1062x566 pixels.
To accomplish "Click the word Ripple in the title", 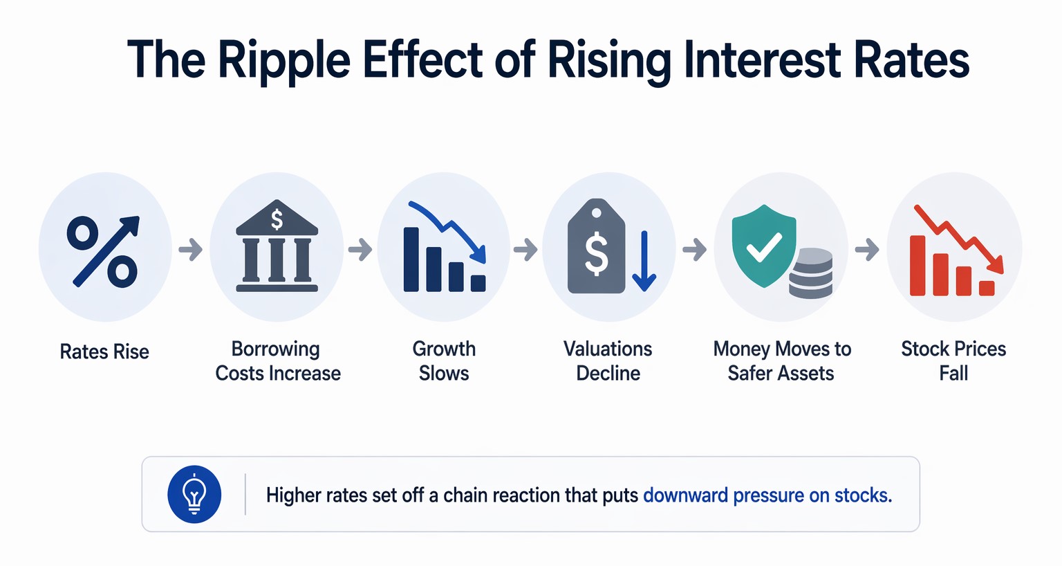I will [x=283, y=61].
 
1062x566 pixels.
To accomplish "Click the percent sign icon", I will [x=104, y=250].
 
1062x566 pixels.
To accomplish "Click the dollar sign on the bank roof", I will [x=277, y=219].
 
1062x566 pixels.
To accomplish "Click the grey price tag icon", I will [x=596, y=248].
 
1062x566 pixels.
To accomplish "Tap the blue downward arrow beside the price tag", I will [x=644, y=262].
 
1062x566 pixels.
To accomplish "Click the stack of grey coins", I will [x=810, y=273].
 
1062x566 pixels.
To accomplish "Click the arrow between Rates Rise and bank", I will [x=191, y=249].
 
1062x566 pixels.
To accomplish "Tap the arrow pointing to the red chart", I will [x=867, y=249].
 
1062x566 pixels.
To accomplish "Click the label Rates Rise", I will [x=104, y=352].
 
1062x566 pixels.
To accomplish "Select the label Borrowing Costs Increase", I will [x=277, y=361].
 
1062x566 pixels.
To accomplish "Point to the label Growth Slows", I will [x=444, y=361].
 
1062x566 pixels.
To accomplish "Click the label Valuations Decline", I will [x=608, y=361].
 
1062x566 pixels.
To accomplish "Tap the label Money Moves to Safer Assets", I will [x=781, y=361].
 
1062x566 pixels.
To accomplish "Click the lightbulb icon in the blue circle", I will [x=194, y=494].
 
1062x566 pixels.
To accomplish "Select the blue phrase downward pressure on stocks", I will [x=767, y=495].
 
